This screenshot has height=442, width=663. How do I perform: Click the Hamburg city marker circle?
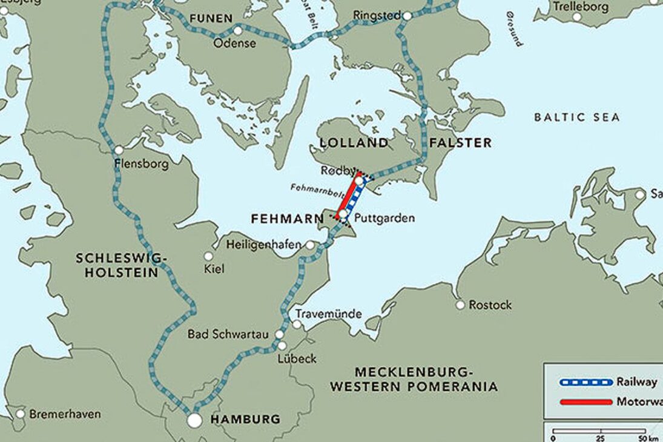coord(194,419)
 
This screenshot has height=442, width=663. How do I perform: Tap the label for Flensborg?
coord(141,163)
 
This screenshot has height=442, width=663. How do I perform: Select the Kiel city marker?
coord(208,256)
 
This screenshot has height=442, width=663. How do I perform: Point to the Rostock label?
coord(490,305)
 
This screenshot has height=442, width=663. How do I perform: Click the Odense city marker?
coord(237,30)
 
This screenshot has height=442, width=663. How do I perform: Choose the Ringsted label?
coord(377,15)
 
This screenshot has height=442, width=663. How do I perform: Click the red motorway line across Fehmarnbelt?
coord(348,196)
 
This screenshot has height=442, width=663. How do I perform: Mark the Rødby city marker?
coord(360,180)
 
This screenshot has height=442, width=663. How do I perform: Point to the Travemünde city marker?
coord(297,325)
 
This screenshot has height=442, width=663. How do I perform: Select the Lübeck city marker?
coord(282,346)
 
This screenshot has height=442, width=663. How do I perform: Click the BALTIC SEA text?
coord(577,117)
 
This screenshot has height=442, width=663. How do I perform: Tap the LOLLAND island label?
coord(354,143)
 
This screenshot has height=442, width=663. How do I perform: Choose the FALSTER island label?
coord(460,143)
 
